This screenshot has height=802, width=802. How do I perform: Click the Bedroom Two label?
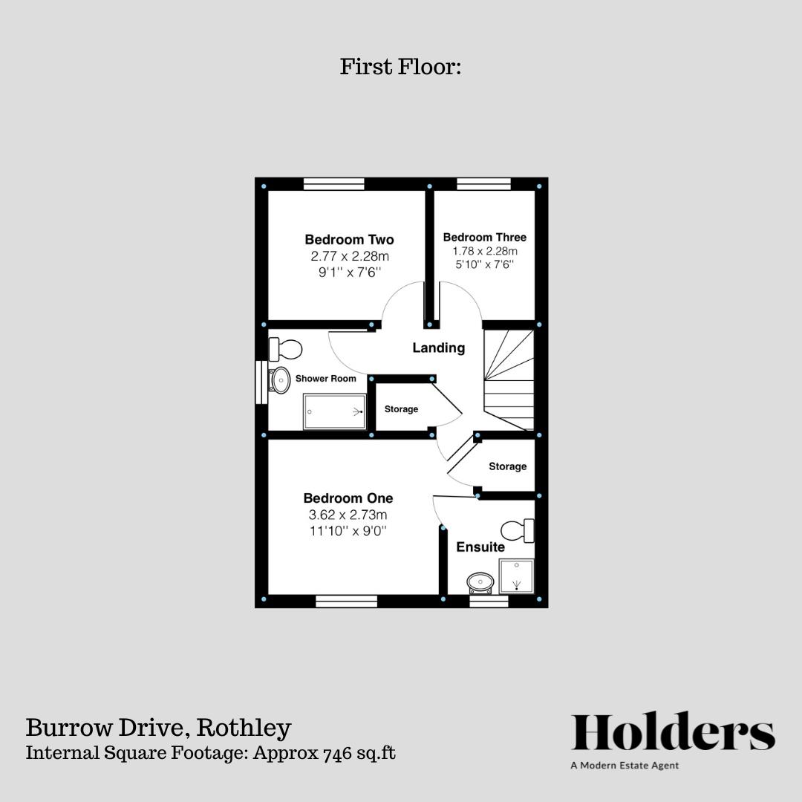coord(349,240)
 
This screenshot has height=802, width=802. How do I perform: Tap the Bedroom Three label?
coord(484,238)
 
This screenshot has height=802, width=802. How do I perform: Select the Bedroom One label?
coord(348,498)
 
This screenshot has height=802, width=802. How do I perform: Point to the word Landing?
coord(438,348)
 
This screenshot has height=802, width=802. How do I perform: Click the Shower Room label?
coord(326,379)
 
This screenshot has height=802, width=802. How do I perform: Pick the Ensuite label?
coord(480,547)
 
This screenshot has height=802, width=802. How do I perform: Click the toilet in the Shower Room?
coord(286,348)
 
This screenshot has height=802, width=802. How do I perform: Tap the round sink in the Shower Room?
coord(280,380)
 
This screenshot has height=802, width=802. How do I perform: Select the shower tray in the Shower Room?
coord(335,412)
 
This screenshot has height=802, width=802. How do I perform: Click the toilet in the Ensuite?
coord(518,531)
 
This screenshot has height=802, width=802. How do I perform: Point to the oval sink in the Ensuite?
coord(480,581)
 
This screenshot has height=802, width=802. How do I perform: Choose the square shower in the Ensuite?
coord(516,576)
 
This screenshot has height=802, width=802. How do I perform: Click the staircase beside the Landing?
coord(509,380)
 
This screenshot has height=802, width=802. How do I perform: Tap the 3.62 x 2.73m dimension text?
coord(348,515)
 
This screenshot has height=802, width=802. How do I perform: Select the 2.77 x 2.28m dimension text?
coord(350,256)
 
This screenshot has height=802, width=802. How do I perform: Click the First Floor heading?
coord(401,67)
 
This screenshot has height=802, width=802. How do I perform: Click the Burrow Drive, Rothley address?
coord(158,728)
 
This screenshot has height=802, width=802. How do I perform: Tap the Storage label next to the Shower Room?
coord(401,409)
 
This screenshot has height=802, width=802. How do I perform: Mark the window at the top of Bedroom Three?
coord(483,184)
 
